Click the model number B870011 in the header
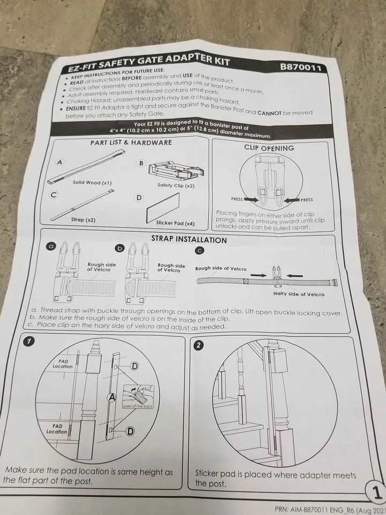[x=300, y=68]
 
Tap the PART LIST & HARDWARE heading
[x=131, y=142]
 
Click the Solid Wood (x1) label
[x=92, y=182]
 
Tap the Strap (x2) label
[x=83, y=219]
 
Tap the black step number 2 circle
[x=199, y=345]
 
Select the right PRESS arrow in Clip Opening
[x=294, y=200]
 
